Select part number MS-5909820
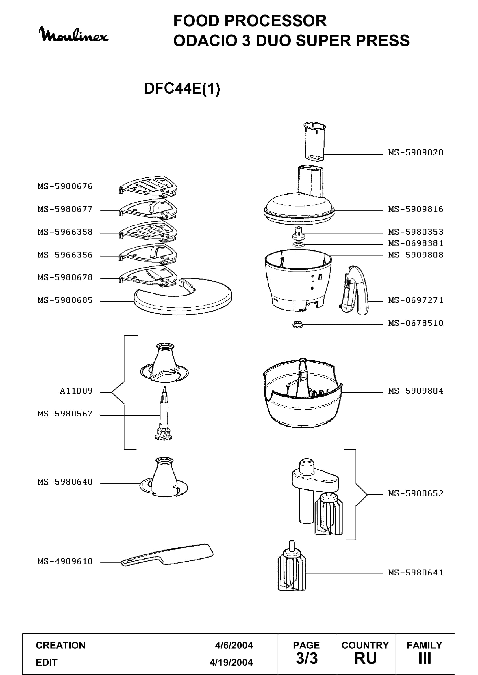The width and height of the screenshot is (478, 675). [416, 153]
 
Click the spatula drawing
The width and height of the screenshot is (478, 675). [167, 555]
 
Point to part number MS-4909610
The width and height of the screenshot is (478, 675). [65, 562]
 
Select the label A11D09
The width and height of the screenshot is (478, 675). [76, 391]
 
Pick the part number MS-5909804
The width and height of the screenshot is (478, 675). [416, 391]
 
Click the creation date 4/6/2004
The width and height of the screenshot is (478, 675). [234, 645]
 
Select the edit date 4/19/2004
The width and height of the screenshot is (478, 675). [231, 662]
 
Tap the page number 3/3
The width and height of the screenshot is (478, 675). [307, 658]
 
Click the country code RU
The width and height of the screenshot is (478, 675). [366, 658]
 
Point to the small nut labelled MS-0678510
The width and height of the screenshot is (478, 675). [297, 325]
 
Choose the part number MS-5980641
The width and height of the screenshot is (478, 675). [416, 572]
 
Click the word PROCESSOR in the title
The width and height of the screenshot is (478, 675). [275, 21]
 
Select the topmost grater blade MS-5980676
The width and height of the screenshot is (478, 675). [148, 187]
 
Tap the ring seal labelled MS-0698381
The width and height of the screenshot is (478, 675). [299, 245]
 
